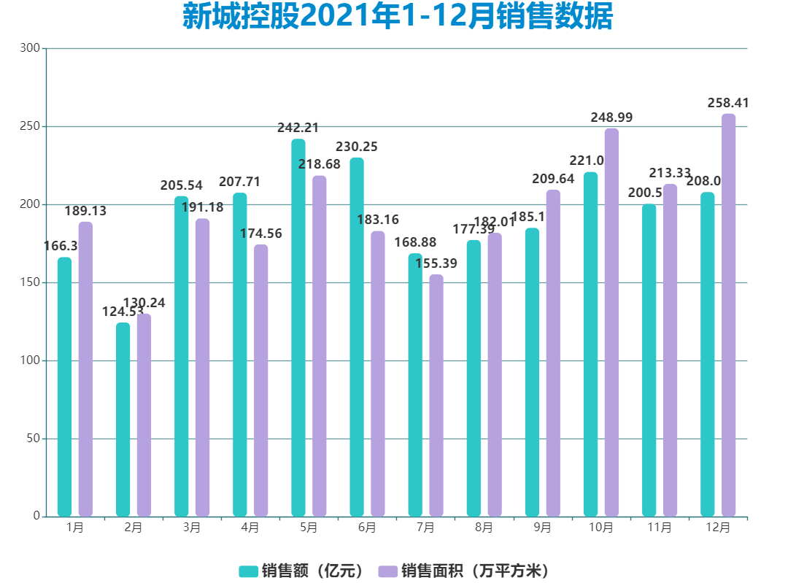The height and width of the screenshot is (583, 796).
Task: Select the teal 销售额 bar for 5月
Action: click(x=298, y=328)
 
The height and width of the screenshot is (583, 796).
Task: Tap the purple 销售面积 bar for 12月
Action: click(x=728, y=315)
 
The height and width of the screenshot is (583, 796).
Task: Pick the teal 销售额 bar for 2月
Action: click(x=123, y=420)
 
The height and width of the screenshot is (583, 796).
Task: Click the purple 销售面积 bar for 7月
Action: click(x=436, y=395)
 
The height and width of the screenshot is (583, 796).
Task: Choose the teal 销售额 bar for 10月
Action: click(x=590, y=344)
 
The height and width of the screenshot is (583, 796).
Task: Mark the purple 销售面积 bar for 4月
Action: click(x=260, y=380)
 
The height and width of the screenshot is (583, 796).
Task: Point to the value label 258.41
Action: click(x=728, y=104)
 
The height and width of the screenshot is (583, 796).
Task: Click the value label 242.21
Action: click(x=298, y=128)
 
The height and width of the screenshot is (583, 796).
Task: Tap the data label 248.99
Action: click(x=611, y=117)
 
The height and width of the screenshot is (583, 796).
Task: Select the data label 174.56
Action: click(x=260, y=234)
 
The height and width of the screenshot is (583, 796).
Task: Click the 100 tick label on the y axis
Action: click(x=30, y=360)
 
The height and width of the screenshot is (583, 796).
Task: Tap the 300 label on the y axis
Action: click(x=30, y=48)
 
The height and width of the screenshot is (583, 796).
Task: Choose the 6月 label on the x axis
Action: click(x=367, y=528)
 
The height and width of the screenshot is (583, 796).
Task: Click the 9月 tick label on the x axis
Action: click(x=542, y=528)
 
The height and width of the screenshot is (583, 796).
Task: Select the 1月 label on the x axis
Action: click(x=74, y=528)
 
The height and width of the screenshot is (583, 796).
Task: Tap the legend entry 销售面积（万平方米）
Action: click(x=467, y=571)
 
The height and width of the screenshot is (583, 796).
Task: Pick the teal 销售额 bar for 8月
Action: click(x=474, y=378)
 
